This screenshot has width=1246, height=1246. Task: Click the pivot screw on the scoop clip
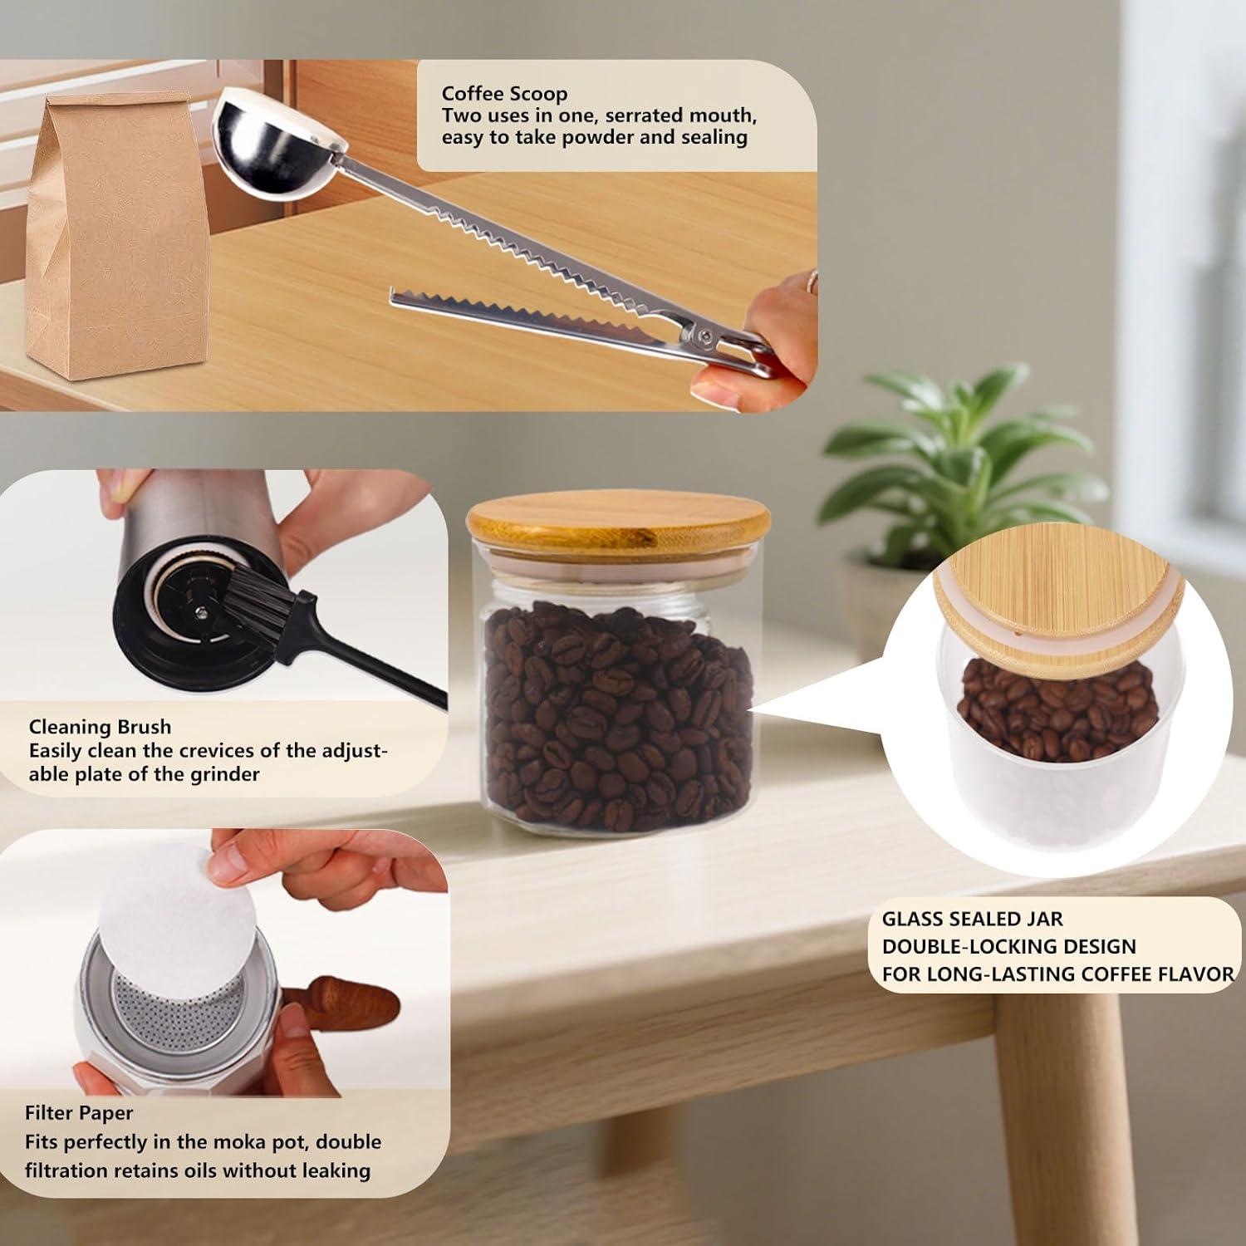point(704,336)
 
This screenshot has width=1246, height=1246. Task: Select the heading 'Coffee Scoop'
point(504,93)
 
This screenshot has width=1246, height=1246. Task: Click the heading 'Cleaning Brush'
point(100,727)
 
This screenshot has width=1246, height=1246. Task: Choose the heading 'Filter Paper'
point(79,1113)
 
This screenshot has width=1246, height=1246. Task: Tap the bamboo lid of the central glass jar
point(618,520)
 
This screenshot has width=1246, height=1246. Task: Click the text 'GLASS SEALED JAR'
point(972,919)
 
